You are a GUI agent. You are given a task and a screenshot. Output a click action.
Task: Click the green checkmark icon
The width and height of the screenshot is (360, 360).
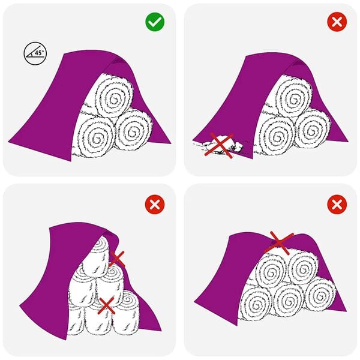click(155, 23)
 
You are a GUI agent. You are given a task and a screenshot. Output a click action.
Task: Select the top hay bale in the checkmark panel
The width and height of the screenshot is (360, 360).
click(113, 97)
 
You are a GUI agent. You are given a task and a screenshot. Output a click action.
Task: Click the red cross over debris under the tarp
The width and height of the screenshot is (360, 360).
click(218, 146)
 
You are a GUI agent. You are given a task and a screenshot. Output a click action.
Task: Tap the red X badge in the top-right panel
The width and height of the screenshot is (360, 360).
click(337, 23)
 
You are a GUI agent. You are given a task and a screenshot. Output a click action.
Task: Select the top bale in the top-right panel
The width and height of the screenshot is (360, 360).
click(293, 96)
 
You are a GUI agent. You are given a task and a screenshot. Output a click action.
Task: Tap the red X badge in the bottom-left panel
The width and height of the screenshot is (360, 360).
click(155, 205)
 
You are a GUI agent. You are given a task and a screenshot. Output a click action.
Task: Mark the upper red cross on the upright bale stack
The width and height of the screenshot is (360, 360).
click(117, 259)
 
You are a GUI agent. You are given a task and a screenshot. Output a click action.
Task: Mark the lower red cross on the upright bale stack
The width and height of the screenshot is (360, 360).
click(107, 305)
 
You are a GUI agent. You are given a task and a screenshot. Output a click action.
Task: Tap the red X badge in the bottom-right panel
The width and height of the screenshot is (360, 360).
click(337, 205)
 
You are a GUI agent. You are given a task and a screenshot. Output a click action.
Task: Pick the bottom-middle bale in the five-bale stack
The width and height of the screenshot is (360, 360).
click(287, 297)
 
